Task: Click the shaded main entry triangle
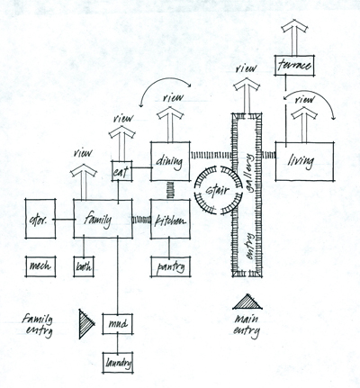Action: click(247, 302)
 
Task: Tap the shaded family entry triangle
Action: click(87, 324)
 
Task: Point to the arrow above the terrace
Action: click(294, 37)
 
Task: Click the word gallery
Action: click(250, 172)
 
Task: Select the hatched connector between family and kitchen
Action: click(141, 220)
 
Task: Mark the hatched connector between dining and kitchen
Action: click(170, 190)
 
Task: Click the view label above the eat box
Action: click(123, 118)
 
